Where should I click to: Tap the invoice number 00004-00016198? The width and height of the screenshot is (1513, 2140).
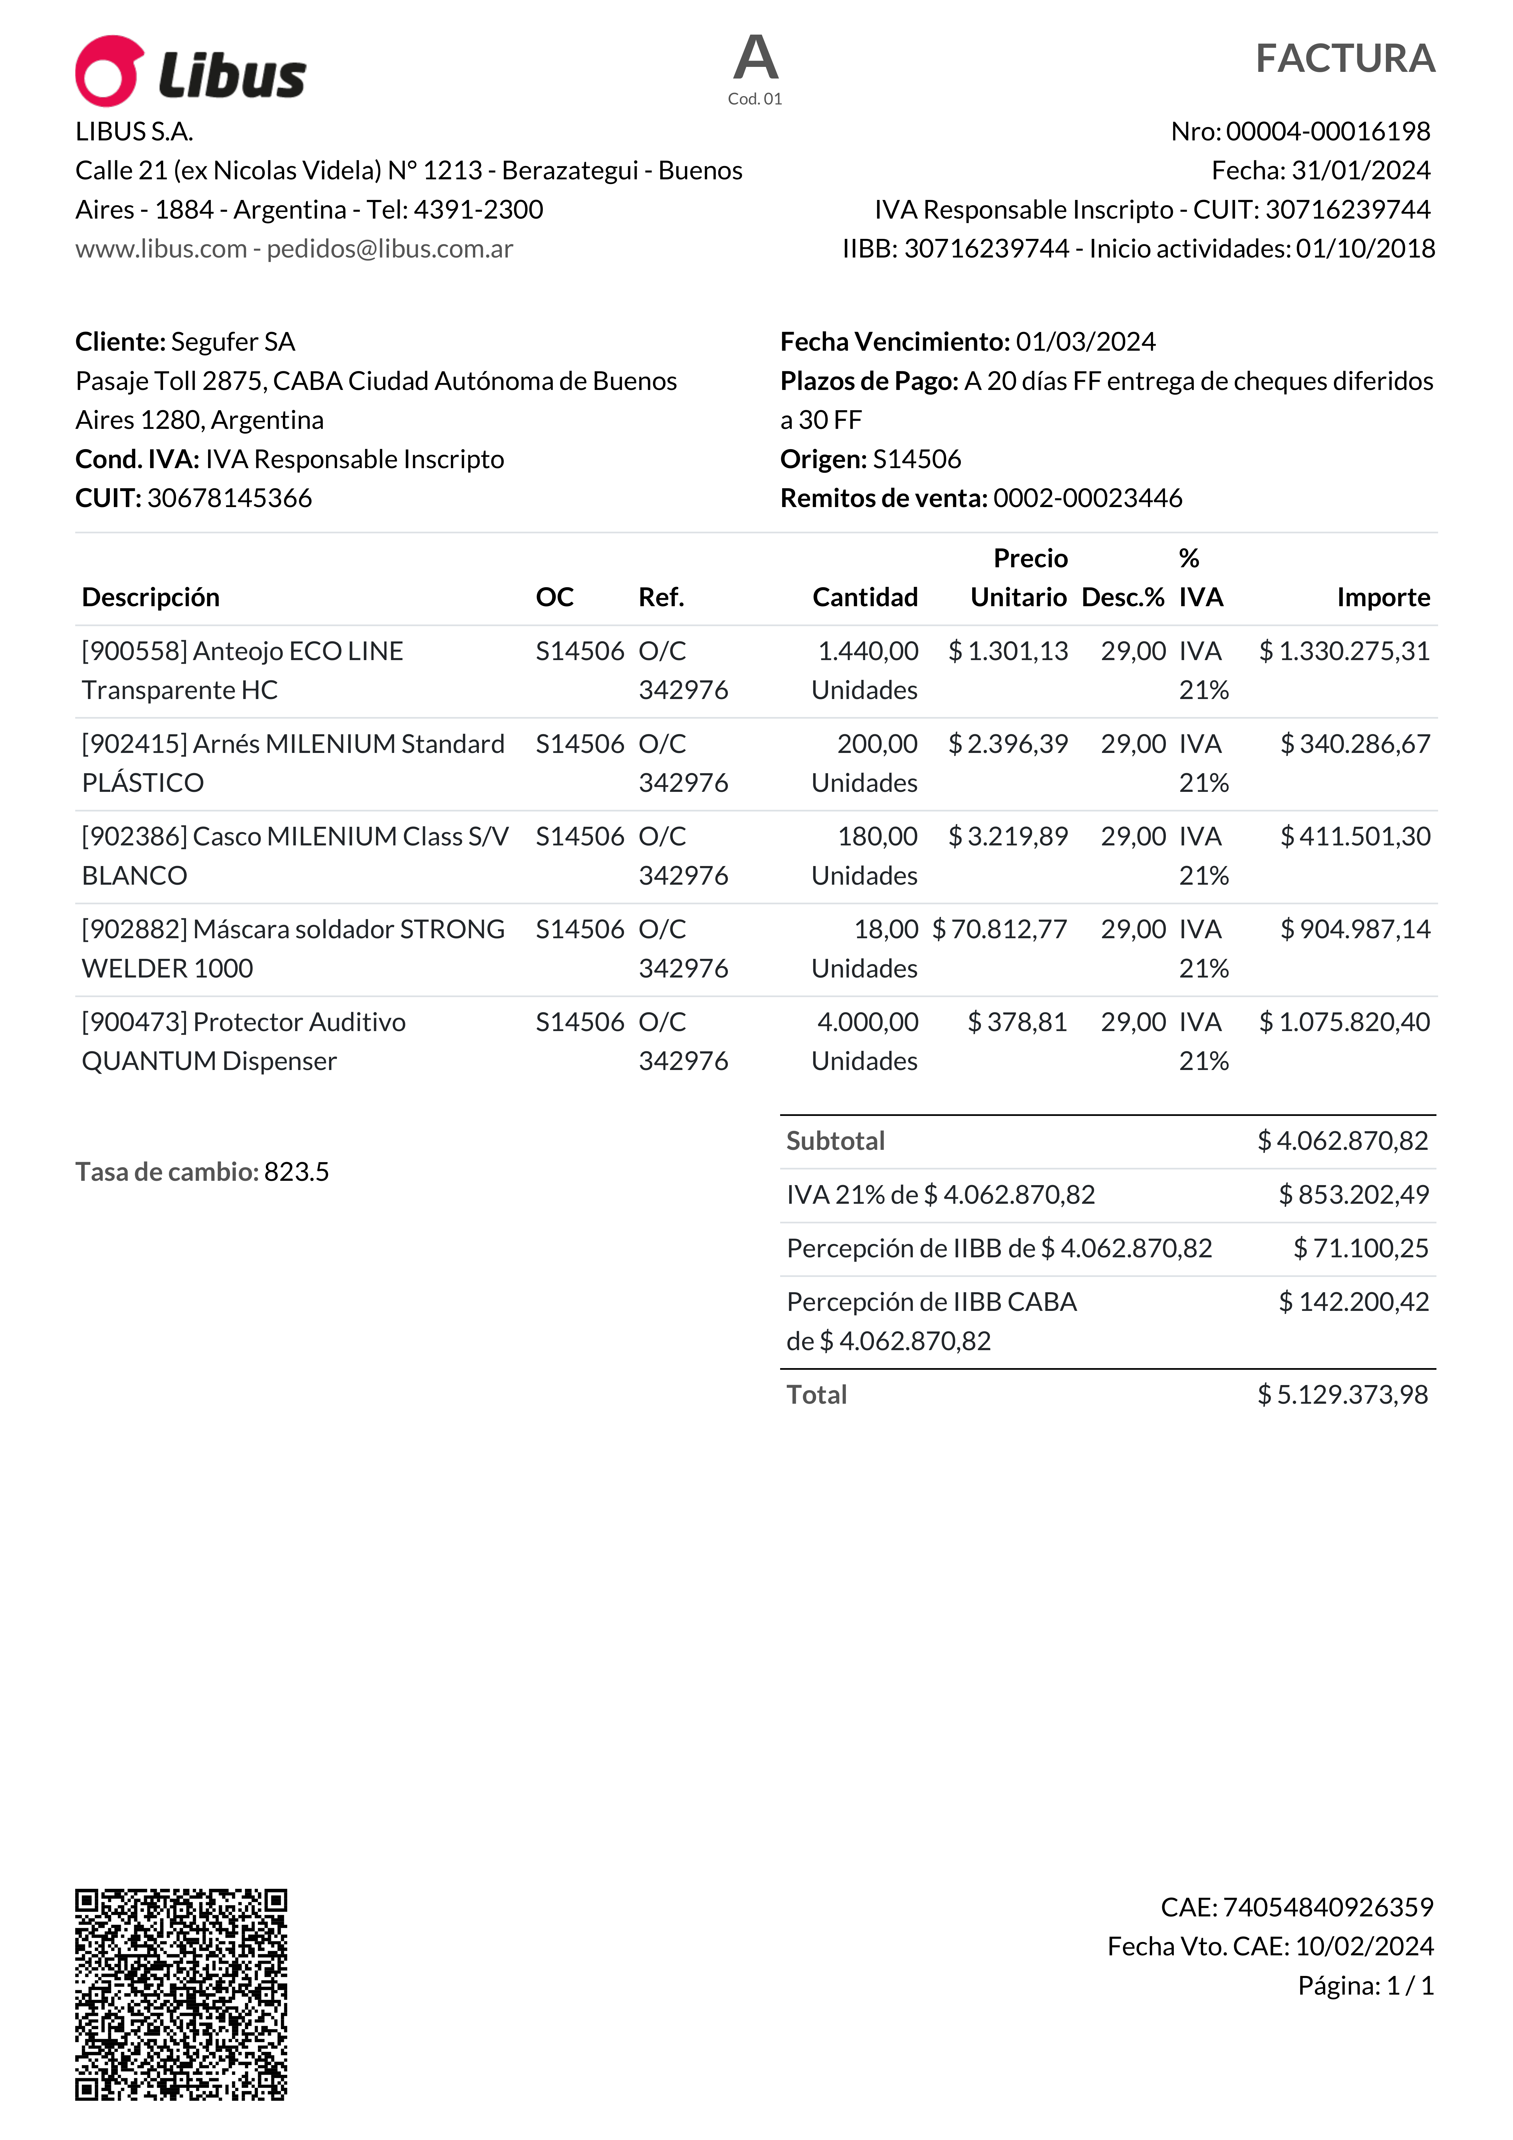tap(1328, 131)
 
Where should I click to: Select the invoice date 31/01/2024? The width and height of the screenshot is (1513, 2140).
tap(1361, 171)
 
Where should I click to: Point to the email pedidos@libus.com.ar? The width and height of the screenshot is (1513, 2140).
tap(390, 249)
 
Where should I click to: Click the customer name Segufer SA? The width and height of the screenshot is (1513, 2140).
tap(233, 342)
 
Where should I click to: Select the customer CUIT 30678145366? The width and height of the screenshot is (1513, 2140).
tap(229, 499)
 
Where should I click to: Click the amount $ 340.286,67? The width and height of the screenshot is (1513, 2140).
tap(1355, 744)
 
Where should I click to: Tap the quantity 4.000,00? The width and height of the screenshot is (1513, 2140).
tap(867, 1022)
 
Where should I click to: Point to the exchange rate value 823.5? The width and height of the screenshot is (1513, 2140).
tap(297, 1171)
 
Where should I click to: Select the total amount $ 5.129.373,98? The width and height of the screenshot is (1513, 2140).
tap(1342, 1395)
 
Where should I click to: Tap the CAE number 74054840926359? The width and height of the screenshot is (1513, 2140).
tap(1328, 1908)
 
